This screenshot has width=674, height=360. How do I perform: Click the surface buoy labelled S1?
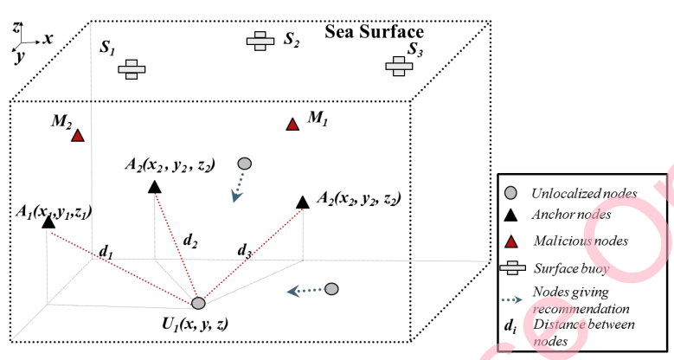click(x=131, y=69)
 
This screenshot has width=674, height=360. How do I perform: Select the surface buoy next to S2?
click(x=259, y=41)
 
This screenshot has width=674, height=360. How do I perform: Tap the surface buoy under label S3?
click(x=399, y=65)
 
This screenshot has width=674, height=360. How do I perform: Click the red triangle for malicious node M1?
click(x=292, y=125)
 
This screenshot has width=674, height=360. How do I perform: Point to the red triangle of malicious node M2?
click(x=78, y=136)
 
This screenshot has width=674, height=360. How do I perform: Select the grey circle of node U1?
click(x=198, y=303)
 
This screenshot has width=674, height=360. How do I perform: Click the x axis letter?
click(x=48, y=38)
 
